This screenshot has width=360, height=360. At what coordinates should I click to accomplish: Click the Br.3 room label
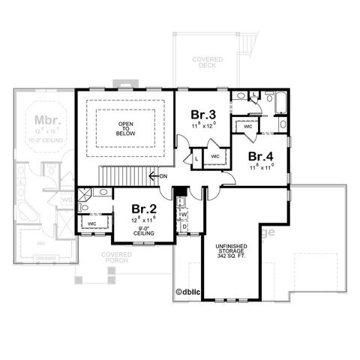pyautogui.click(x=203, y=114)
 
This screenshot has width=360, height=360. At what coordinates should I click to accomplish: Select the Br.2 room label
pyautogui.click(x=144, y=208)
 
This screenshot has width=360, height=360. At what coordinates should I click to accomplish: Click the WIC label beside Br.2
pyautogui.click(x=91, y=223)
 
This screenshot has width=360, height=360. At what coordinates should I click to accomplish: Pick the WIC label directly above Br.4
pyautogui.click(x=247, y=127)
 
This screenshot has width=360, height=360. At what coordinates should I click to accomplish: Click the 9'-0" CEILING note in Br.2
pyautogui.click(x=144, y=231)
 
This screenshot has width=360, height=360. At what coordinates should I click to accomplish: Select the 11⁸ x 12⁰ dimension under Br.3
pyautogui.click(x=203, y=125)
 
